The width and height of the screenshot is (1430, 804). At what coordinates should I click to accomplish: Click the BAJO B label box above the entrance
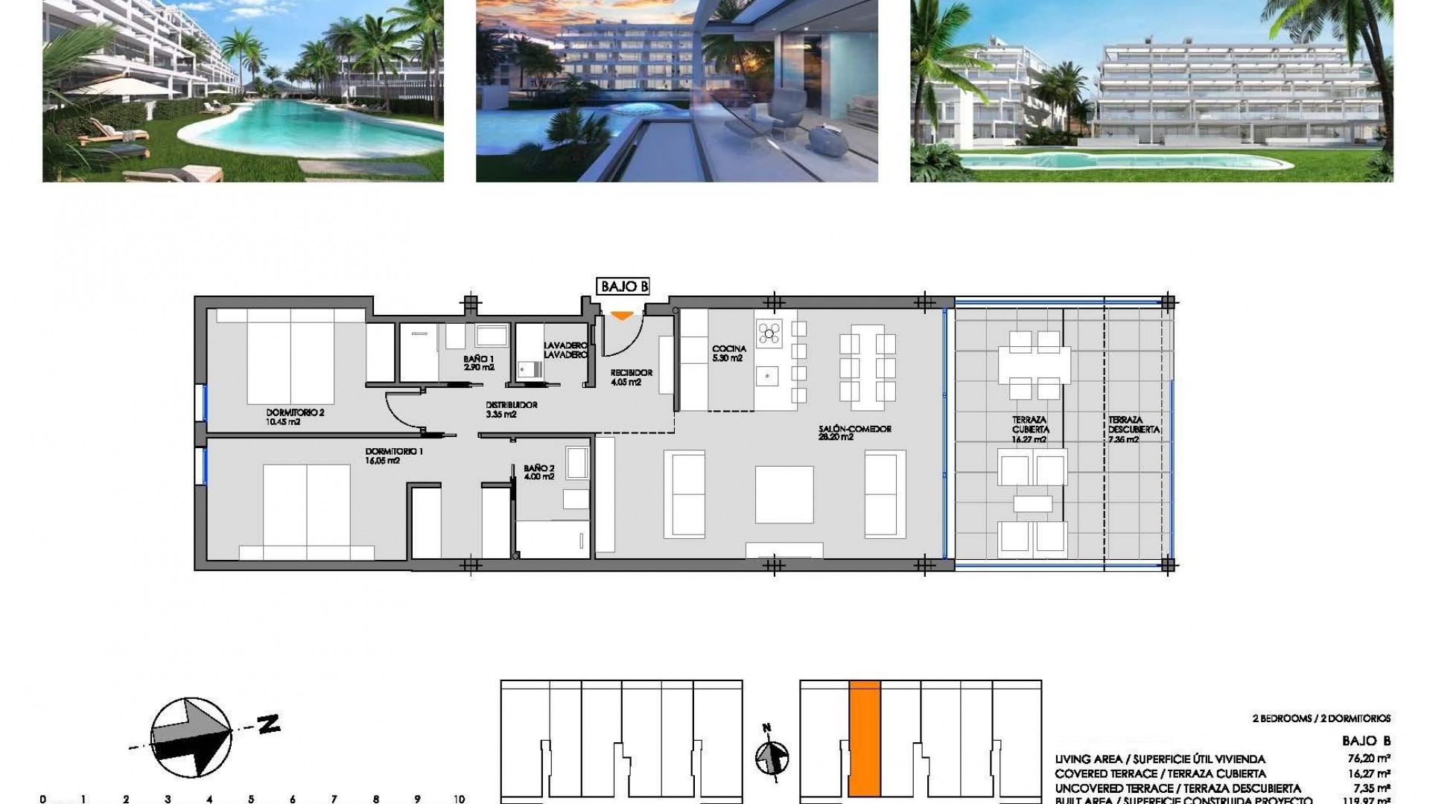623,287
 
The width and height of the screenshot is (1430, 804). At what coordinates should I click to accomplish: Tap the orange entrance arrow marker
622,316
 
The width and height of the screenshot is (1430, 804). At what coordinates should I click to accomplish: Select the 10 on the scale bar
459,799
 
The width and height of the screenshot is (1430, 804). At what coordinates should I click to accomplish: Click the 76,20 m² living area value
1371,759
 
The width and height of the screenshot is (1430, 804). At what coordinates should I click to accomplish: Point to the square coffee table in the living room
784,494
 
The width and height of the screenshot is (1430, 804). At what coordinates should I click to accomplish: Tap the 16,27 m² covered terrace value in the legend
1371,773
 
